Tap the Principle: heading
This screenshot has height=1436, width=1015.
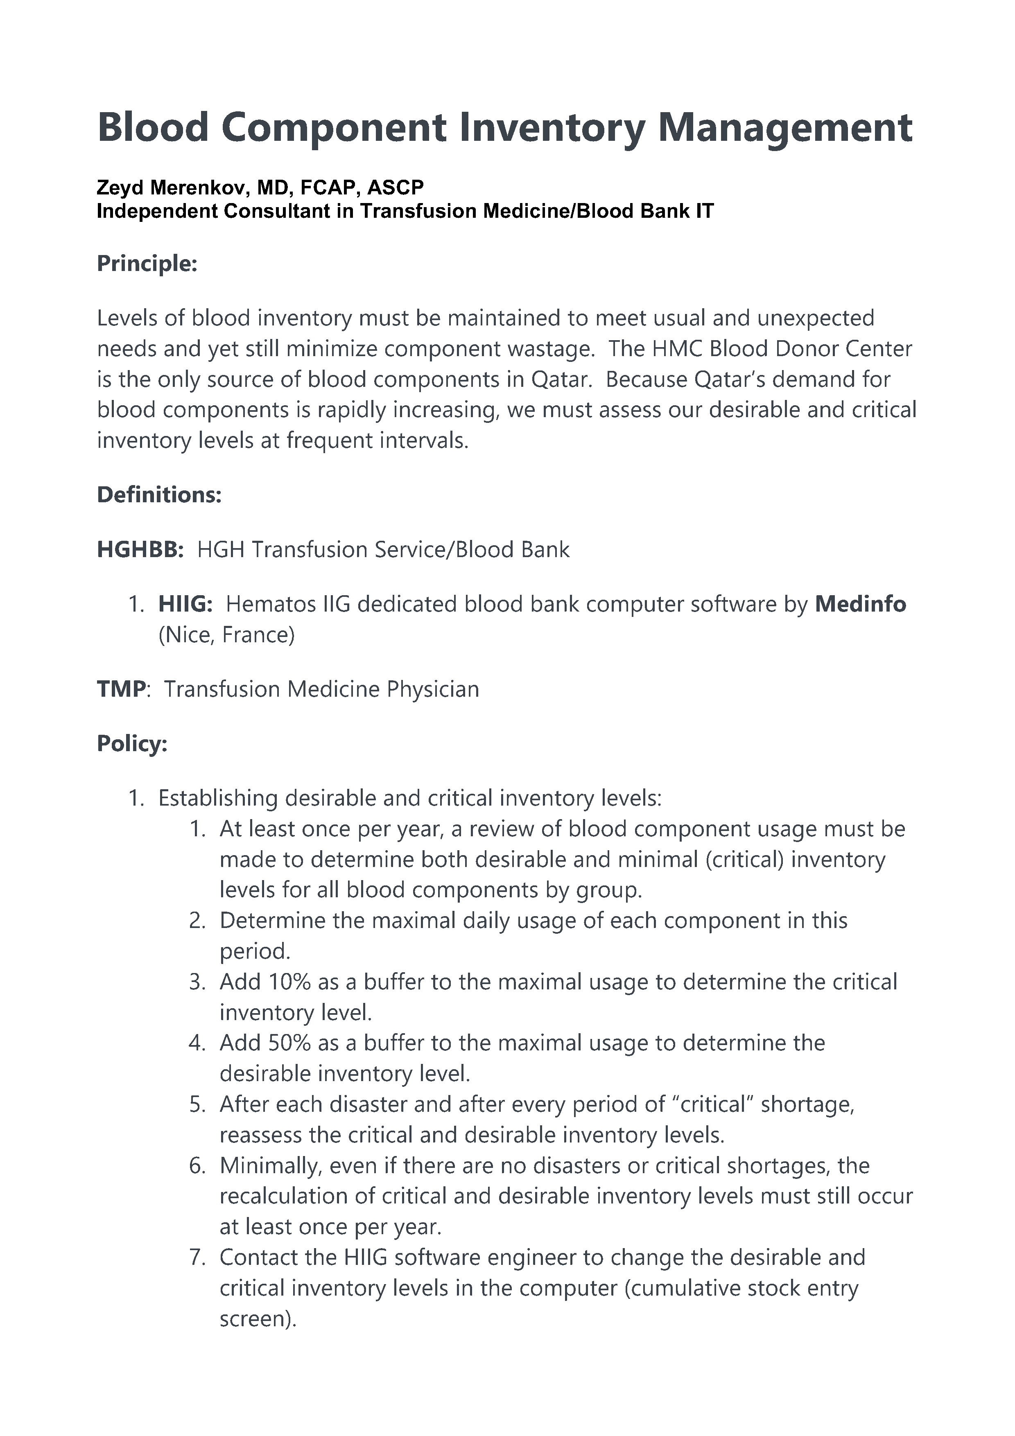(x=147, y=263)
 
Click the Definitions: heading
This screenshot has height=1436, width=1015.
(x=159, y=495)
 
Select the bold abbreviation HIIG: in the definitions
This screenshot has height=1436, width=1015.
(x=185, y=604)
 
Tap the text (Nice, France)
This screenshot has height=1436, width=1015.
(x=226, y=635)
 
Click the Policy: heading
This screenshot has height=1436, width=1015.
(x=132, y=744)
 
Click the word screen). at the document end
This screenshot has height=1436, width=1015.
(x=257, y=1319)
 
